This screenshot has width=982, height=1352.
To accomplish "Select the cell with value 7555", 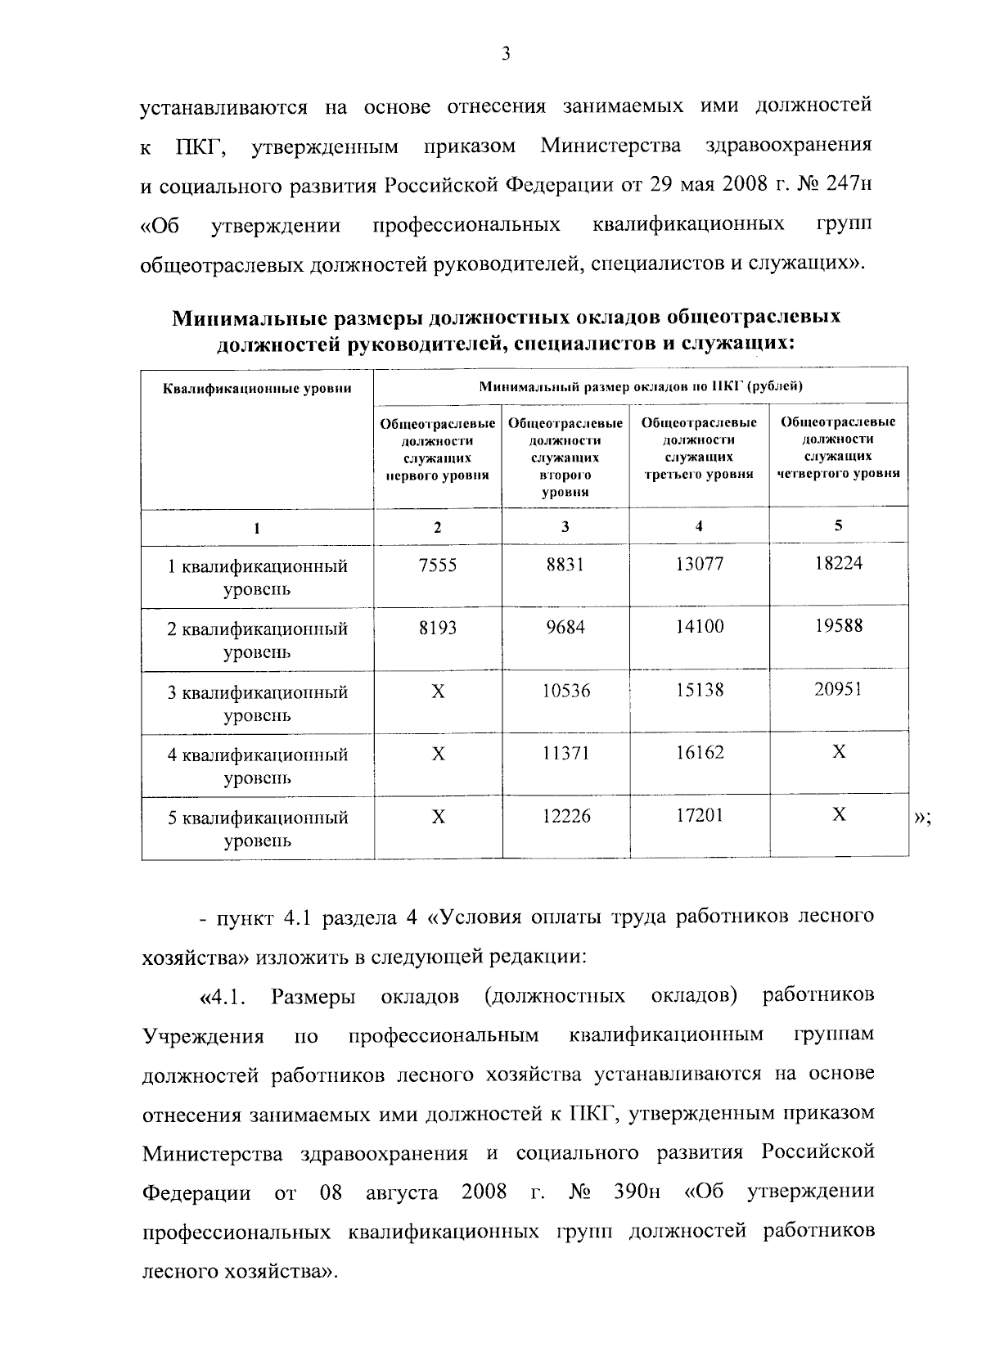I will click(x=438, y=565).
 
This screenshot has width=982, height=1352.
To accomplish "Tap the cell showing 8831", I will click(x=565, y=565).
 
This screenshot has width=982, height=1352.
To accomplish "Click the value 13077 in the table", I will click(x=700, y=565).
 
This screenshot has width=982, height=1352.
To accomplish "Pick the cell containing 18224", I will click(x=838, y=563).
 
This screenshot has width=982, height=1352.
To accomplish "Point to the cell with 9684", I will click(x=565, y=628).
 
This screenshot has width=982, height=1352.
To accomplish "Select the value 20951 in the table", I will click(x=838, y=690).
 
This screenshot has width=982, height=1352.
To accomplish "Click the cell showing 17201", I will click(x=700, y=816).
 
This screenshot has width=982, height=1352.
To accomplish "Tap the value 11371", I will click(x=565, y=753).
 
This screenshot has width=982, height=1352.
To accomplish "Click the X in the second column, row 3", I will click(x=439, y=692).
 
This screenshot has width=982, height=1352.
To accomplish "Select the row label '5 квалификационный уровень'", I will click(x=258, y=829).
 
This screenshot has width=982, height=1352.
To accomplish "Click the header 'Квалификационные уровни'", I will click(x=257, y=388).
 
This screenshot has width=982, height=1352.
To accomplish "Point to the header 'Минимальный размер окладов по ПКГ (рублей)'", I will click(x=641, y=386).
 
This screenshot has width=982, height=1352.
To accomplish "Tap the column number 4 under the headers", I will click(x=699, y=526).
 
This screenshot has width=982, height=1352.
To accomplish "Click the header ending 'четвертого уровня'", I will click(x=838, y=447).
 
